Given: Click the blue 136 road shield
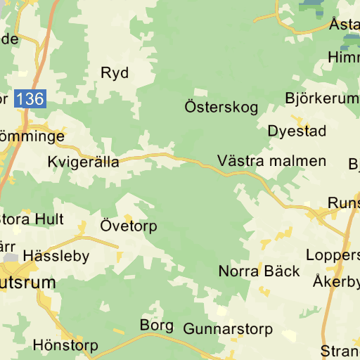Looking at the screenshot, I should point(30,99).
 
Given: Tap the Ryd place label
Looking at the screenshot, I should point(115,73).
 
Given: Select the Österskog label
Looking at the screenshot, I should point(221,108).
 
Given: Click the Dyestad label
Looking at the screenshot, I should point(297,131).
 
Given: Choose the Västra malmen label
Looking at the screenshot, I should point(272,161).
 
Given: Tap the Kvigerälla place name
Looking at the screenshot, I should point(83,162).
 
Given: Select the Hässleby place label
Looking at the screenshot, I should point(56,256).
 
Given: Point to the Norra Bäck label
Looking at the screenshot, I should point(259,271).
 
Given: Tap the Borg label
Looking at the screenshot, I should point(156,326).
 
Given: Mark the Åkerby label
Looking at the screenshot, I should point(337,282).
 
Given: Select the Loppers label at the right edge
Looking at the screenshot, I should point(333,255).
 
